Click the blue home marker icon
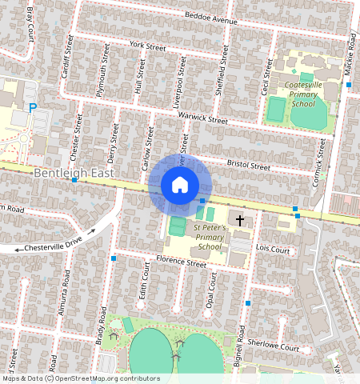click(180, 186)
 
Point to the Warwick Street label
click(202, 118)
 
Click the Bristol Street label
click(248, 163)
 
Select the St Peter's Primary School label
click(210, 238)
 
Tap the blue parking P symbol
click(33, 108)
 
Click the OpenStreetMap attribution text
click(80, 378)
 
